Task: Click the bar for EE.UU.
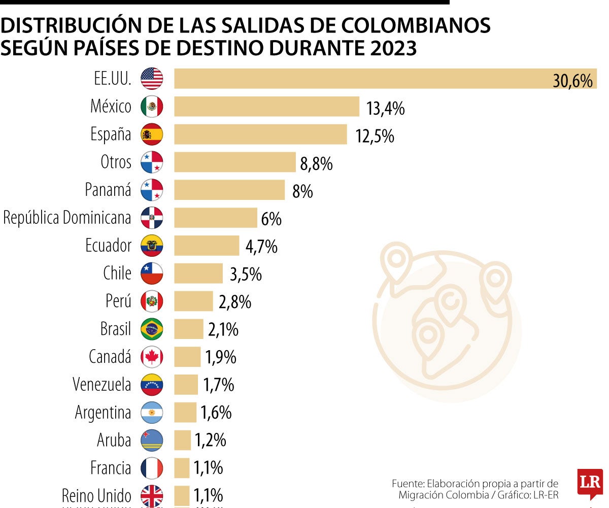point(355,79)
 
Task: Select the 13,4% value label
point(385,108)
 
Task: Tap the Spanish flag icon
point(152,134)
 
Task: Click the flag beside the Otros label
point(152,162)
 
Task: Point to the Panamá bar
point(229,190)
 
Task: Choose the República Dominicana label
point(67,218)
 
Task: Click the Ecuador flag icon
point(152,246)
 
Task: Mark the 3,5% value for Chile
point(246,275)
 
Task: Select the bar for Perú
point(193,301)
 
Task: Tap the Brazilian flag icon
point(152,329)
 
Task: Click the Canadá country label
point(110,357)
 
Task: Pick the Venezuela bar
point(186,385)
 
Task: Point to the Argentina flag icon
point(152,413)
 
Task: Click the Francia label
point(111,467)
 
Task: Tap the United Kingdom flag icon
point(152,496)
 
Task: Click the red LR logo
point(590,483)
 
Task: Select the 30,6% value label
point(572,81)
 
